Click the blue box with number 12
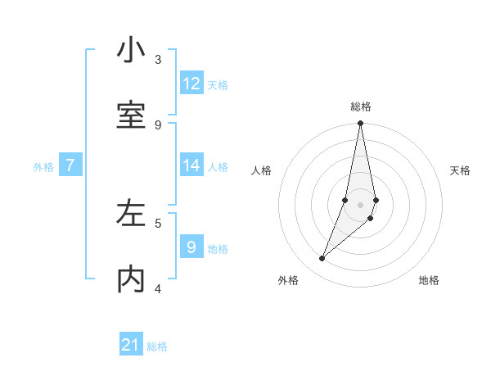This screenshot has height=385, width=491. tap(191, 84)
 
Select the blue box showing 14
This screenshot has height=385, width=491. tap(191, 165)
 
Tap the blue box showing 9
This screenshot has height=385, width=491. tap(191, 247)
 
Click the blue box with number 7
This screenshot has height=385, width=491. tap(70, 165)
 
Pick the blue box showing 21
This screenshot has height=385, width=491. tap(131, 345)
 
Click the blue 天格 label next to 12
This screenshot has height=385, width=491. tap(218, 84)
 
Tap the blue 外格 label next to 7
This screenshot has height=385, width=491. tap(43, 166)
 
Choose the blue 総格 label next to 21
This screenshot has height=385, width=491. tap(157, 346)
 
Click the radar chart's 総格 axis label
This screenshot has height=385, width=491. tap(361, 106)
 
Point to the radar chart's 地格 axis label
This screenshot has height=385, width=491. tap(429, 280)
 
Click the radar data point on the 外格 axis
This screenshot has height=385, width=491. tap(322, 259)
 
